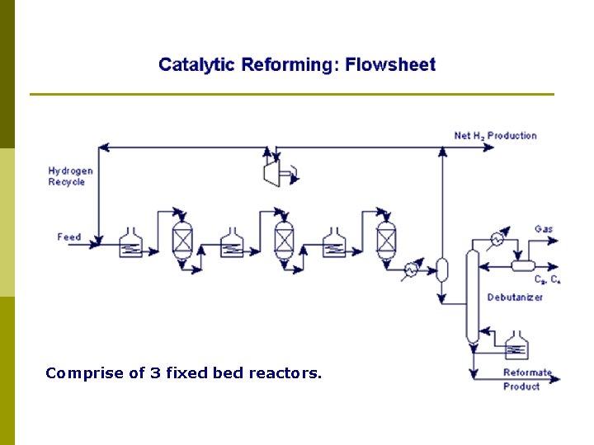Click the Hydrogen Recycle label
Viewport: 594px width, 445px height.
(x=70, y=176)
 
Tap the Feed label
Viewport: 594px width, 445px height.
(x=69, y=237)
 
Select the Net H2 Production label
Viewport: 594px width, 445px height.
(x=495, y=136)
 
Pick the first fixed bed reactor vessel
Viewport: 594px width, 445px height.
(x=181, y=239)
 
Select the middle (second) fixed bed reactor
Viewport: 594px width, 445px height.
(x=284, y=239)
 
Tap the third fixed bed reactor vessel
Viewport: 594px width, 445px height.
(x=385, y=239)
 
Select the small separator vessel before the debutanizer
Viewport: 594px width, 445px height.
(x=442, y=269)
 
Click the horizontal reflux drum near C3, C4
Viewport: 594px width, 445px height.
(x=523, y=265)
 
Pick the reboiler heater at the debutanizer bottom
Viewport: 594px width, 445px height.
(x=516, y=345)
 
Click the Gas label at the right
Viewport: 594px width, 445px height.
(x=544, y=228)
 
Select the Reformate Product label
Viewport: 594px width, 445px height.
(x=527, y=379)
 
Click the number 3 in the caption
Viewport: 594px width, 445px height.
(x=156, y=373)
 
